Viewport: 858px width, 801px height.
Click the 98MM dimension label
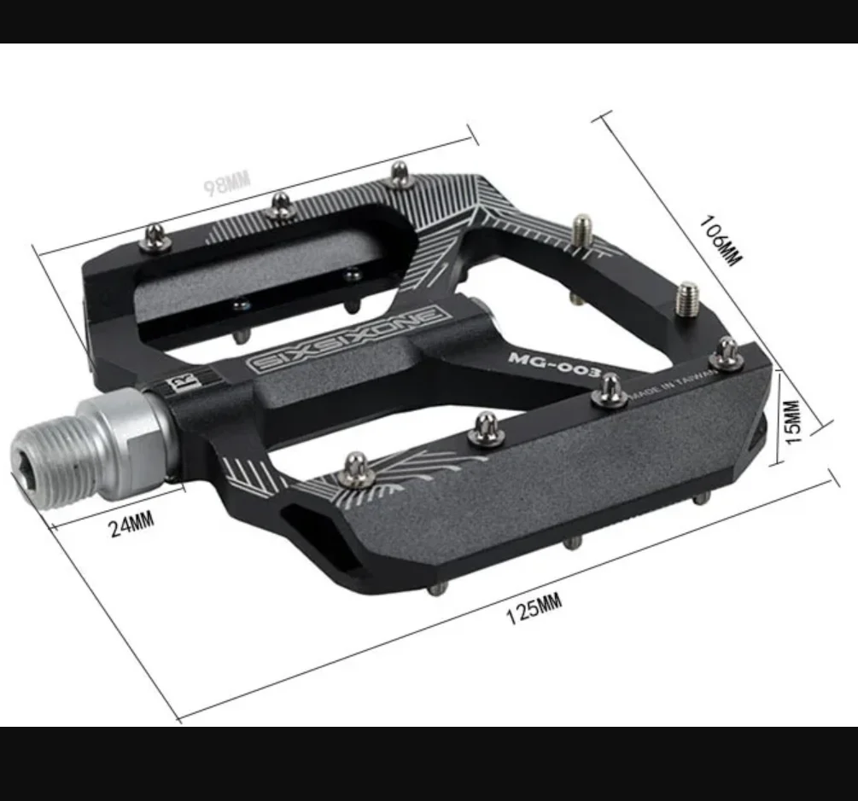[x=227, y=183]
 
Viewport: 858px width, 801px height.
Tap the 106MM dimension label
[x=721, y=241]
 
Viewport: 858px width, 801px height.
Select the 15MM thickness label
[x=793, y=422]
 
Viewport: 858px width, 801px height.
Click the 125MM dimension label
[x=535, y=609]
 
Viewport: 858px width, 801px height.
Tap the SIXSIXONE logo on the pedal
[x=348, y=338]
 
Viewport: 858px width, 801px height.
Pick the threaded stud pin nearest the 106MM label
[x=688, y=298]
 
